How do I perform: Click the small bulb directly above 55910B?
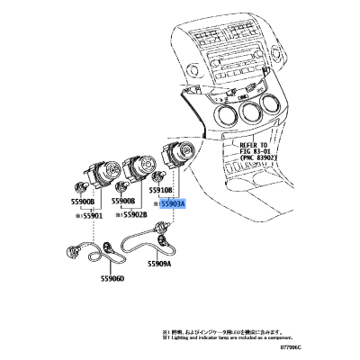pyautogui.click(x=157, y=177)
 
